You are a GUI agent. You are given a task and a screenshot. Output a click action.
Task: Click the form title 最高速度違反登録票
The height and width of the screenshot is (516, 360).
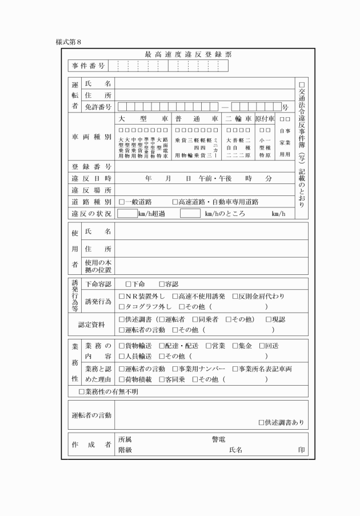(x=188, y=54)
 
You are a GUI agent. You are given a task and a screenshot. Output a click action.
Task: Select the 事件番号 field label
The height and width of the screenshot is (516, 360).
(x=89, y=66)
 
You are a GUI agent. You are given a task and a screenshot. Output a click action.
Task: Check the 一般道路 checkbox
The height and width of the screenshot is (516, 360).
(x=122, y=202)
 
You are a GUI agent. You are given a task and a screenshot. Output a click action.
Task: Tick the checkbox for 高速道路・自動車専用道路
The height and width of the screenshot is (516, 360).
(x=176, y=202)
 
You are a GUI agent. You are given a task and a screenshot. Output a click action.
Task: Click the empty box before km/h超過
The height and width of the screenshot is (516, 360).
(x=127, y=214)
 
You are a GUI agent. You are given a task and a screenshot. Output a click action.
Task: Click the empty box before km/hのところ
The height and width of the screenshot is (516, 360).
(x=190, y=214)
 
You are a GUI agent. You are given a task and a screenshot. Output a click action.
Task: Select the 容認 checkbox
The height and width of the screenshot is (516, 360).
(x=162, y=284)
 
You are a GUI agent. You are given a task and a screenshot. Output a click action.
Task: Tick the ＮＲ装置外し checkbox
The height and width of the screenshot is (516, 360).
(x=122, y=297)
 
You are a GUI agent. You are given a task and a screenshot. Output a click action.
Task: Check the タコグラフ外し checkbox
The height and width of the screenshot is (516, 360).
(x=122, y=307)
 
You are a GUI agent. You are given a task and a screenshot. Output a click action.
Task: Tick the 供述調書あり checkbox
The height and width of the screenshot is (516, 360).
(x=261, y=423)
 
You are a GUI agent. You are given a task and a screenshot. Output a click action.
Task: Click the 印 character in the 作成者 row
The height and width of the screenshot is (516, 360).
(x=301, y=450)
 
